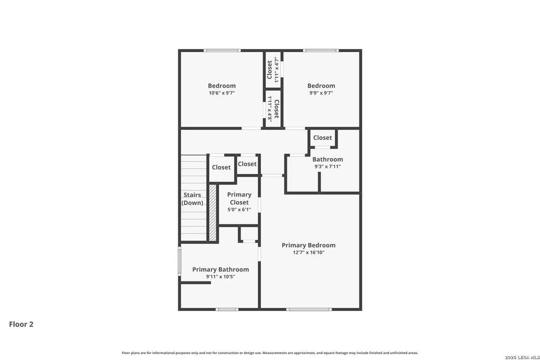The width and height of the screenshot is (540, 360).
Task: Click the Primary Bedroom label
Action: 308,245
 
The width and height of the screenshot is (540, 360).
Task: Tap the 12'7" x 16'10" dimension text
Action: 308,252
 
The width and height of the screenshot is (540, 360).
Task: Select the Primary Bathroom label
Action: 220,269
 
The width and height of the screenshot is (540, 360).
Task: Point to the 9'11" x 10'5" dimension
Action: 220,277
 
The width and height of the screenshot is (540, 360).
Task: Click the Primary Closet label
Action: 239,199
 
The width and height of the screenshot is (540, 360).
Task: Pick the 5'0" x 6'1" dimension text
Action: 239,210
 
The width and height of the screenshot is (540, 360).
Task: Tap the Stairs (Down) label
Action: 192,199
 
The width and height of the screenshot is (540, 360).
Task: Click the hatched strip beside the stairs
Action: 213,213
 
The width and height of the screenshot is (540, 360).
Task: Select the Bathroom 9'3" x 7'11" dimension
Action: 327,167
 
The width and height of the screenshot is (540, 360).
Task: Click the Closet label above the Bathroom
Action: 322,138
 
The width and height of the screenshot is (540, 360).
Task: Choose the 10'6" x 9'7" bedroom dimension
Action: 222,93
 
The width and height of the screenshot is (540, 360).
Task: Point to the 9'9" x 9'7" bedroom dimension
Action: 321,93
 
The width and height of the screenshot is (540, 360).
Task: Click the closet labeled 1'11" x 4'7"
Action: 272,70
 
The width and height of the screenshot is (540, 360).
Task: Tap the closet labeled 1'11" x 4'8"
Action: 273,108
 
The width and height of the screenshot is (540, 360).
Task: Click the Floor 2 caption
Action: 21,324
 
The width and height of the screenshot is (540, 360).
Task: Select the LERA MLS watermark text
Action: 522,357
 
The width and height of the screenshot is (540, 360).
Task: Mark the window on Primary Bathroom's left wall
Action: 179,260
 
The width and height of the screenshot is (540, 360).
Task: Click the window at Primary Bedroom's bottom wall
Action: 309,309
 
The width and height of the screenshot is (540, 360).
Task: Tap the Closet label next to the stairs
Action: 221,167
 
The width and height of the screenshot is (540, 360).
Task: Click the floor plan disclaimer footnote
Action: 270,353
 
